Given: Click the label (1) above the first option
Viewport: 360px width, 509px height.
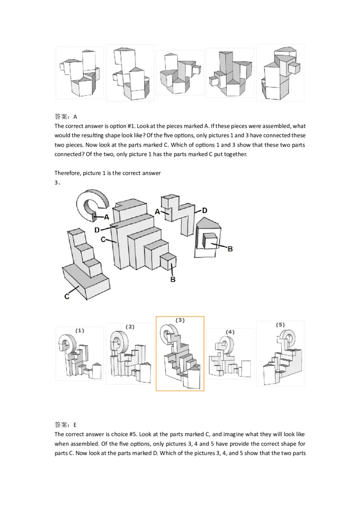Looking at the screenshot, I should click(80, 330).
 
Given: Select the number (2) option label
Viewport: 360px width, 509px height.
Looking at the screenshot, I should click(130, 326).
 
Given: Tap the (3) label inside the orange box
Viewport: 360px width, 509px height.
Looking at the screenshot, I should click(180, 320).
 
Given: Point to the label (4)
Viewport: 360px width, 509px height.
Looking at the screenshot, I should click(230, 332).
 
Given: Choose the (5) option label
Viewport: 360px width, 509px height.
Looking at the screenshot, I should click(280, 324).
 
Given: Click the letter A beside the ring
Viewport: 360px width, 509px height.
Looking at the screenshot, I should click(107, 217).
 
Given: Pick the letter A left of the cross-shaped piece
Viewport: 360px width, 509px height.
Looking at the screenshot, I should click(157, 211).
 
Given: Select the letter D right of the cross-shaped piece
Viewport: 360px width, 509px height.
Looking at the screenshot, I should click(204, 210).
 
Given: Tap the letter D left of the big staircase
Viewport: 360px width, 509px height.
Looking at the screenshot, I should click(97, 230).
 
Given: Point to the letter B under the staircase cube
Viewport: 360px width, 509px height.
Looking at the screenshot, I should click(172, 279).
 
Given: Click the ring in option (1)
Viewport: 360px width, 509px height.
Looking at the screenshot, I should click(67, 344).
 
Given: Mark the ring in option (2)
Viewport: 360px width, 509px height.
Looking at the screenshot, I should click(118, 340).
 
